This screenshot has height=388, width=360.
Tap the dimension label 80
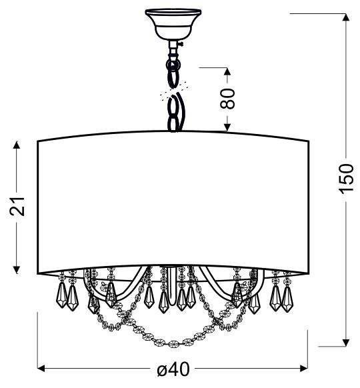point(227,99)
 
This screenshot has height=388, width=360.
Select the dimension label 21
point(17,207)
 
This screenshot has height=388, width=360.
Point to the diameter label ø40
point(173,369)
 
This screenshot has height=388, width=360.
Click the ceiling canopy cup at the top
point(173,24)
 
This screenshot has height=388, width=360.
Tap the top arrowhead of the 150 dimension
point(345,17)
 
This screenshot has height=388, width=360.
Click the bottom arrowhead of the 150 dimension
point(345,343)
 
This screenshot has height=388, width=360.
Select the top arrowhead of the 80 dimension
point(227,71)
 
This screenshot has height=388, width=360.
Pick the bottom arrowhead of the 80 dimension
point(227,127)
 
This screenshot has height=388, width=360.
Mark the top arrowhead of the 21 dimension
point(17,145)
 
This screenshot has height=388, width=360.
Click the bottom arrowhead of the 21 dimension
point(17,269)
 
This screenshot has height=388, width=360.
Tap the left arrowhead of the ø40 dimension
point(41,369)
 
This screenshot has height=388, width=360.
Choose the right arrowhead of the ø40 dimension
point(303,369)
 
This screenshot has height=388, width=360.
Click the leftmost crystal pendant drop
point(61,295)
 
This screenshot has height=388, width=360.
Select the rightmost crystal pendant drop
point(287,299)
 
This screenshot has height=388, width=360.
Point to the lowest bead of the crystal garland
point(173,344)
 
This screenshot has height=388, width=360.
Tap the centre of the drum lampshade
point(173,203)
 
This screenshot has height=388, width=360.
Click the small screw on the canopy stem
point(181,45)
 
